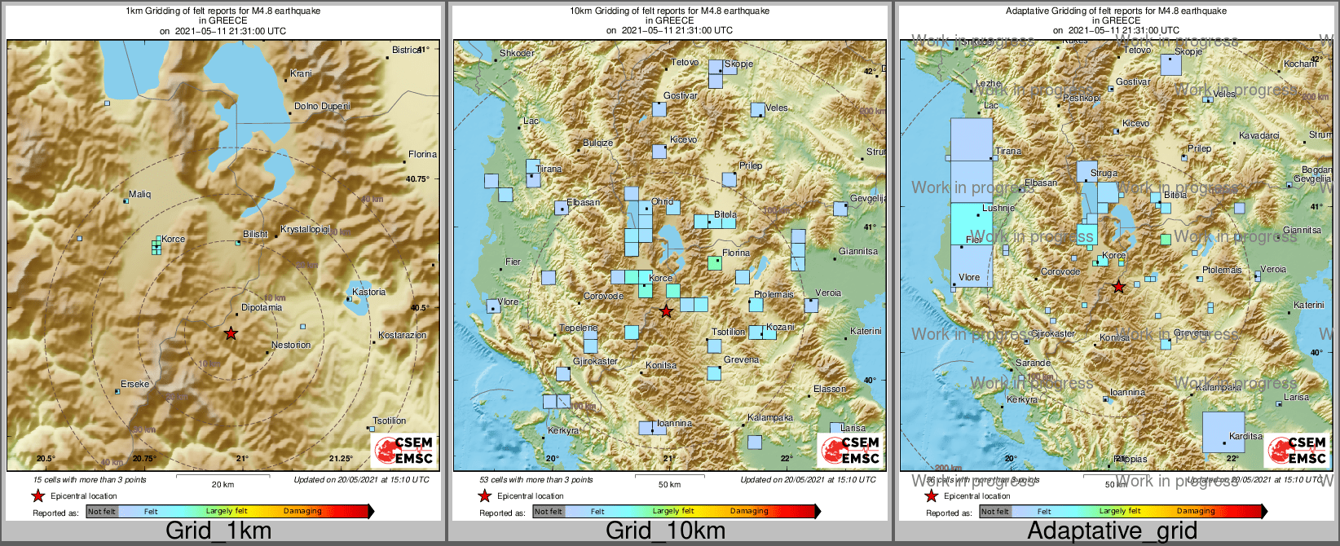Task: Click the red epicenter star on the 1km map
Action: click(231, 333)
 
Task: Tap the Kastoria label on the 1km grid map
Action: click(368, 292)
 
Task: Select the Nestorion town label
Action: click(291, 345)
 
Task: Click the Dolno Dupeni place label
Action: click(322, 107)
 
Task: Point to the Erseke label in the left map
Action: click(135, 384)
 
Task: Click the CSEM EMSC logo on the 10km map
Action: click(850, 450)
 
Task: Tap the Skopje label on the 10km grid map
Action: click(738, 64)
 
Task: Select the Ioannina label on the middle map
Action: click(674, 423)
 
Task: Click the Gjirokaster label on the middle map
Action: click(595, 361)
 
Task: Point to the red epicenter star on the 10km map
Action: click(666, 311)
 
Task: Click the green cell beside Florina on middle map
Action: click(715, 263)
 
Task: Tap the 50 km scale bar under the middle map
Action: click(669, 475)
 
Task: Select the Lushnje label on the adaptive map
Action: click(998, 208)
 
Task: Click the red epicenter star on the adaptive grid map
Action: click(1118, 287)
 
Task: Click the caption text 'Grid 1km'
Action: click(218, 531)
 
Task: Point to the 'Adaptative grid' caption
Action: click(1112, 531)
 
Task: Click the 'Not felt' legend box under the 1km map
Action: click(102, 512)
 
